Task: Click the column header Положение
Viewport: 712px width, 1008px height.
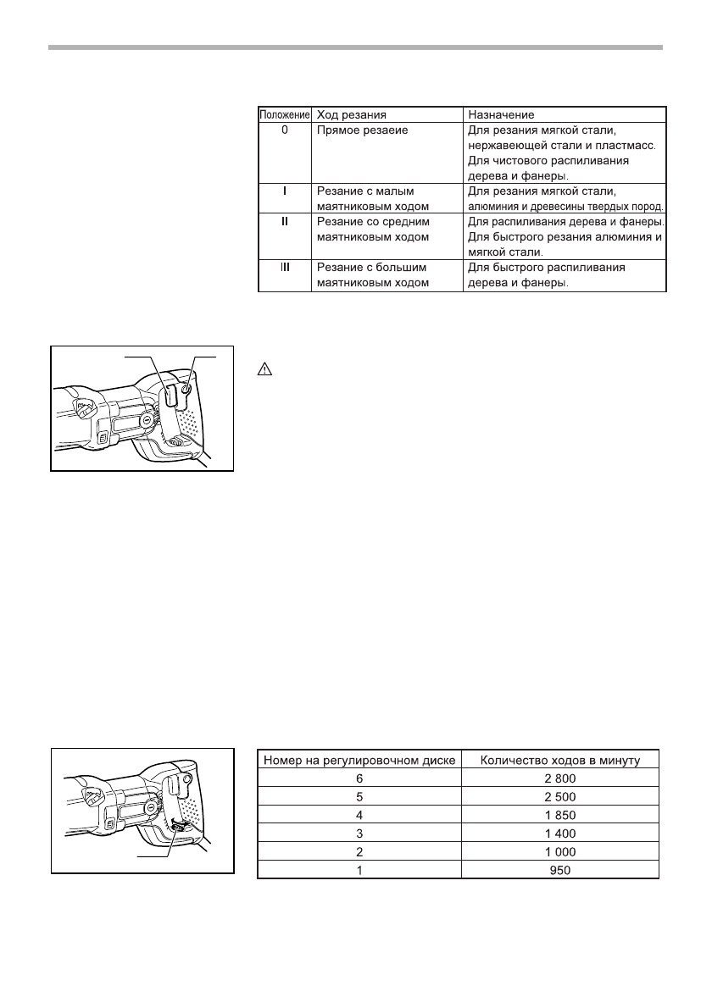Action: click(x=284, y=114)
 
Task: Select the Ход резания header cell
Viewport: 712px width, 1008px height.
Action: click(x=351, y=114)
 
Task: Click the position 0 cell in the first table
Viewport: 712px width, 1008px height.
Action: click(x=284, y=131)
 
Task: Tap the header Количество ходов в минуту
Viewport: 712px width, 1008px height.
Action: click(x=559, y=760)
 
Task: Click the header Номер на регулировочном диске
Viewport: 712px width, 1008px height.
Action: click(x=359, y=760)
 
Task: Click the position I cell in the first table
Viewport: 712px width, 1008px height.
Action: click(x=284, y=191)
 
